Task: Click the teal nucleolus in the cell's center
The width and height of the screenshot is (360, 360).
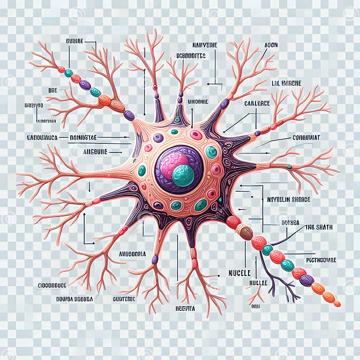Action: pos(183,175)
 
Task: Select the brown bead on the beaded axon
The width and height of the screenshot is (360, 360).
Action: pos(244,230)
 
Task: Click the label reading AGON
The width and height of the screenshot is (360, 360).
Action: pos(271,45)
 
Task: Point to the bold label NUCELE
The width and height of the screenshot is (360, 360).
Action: pos(240,272)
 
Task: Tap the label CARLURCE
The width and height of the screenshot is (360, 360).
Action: pos(257,103)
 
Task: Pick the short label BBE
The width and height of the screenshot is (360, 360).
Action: pos(52,90)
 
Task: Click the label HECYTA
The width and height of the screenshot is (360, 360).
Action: pos(185,308)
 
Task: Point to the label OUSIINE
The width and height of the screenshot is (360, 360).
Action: pos(75,41)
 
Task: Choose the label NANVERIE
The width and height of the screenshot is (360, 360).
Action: pos(205,45)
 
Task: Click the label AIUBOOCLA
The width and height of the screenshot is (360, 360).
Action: pos(133,254)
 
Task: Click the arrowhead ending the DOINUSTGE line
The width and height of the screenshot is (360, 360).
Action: pos(128,137)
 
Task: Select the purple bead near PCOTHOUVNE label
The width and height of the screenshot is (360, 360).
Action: pos(307,280)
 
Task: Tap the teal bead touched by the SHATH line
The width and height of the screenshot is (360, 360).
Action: pos(267,250)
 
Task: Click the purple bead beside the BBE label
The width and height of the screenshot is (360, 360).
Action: pos(85,85)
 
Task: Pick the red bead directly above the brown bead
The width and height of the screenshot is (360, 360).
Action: pos(233,221)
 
